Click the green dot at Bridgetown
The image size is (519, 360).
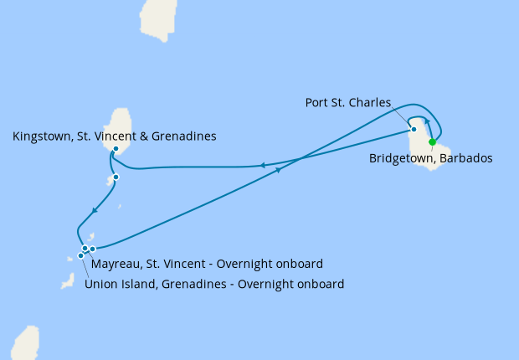432,141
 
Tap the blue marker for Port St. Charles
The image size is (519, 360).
414,129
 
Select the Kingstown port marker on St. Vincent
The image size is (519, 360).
116,149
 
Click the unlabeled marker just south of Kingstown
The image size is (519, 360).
116,177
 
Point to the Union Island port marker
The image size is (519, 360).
81,255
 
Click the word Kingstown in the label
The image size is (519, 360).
41,136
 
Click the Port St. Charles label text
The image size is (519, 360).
348,103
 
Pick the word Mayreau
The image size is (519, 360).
116,264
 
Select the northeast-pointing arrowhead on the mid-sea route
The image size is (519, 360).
277,169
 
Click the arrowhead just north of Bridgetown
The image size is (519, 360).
428,122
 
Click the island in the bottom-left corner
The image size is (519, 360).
24,342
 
